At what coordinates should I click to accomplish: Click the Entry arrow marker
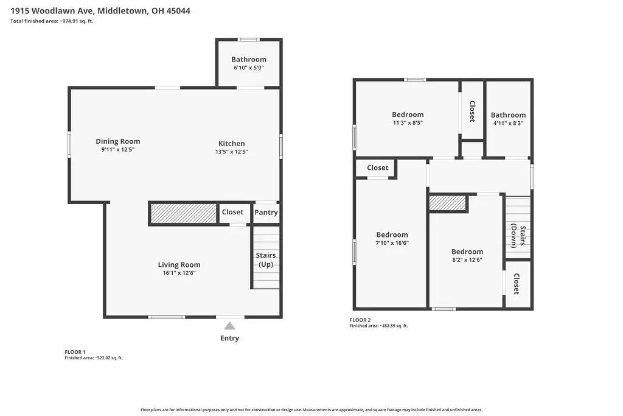229,326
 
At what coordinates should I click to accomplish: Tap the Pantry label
266,213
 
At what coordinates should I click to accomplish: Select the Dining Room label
117,141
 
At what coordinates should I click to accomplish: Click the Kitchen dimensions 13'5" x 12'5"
232,152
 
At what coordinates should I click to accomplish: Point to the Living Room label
179,264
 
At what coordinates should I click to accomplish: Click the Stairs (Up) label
266,259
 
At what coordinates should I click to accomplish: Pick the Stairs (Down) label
518,236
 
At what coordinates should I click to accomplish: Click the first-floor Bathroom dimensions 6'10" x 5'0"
249,68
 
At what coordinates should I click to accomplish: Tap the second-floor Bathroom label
508,115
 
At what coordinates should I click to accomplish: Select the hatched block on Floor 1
184,213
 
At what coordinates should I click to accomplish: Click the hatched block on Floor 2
448,203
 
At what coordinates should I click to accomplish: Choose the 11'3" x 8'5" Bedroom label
408,115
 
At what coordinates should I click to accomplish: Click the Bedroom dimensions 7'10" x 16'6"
392,243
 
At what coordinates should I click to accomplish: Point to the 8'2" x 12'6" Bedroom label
467,252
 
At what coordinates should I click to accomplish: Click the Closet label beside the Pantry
232,212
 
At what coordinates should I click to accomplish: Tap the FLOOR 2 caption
360,320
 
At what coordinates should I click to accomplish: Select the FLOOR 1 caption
75,352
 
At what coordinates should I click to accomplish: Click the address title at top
100,11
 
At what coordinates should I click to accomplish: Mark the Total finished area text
52,21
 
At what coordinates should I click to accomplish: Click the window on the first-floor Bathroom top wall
248,40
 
